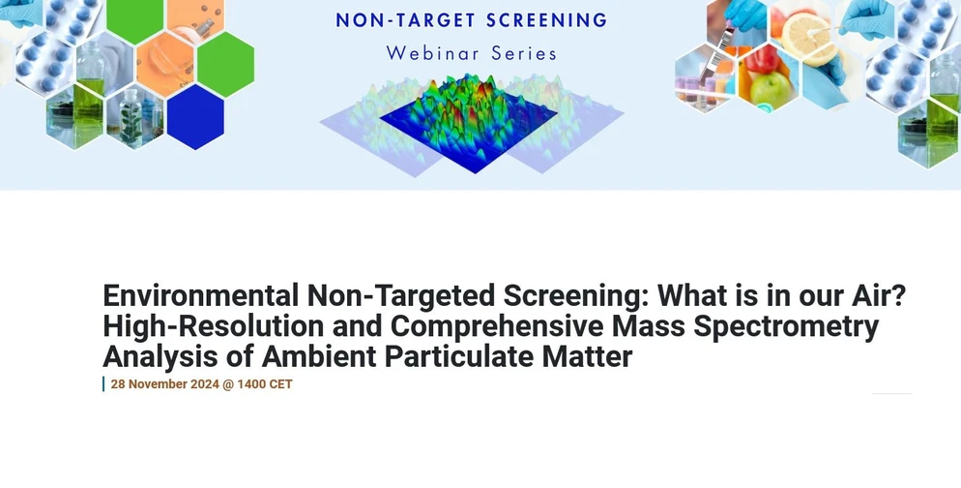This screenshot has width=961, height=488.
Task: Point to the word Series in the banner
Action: pos(522,52)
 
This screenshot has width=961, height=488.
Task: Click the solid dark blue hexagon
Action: pos(195,116)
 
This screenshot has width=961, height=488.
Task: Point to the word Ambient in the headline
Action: pos(319,357)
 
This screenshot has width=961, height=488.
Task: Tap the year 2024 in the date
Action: pos(206,384)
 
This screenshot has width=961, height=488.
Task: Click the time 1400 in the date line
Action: pos(250,384)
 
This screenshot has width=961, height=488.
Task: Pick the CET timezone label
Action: pos(279,384)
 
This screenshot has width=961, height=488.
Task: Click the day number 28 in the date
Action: pos(118,384)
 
